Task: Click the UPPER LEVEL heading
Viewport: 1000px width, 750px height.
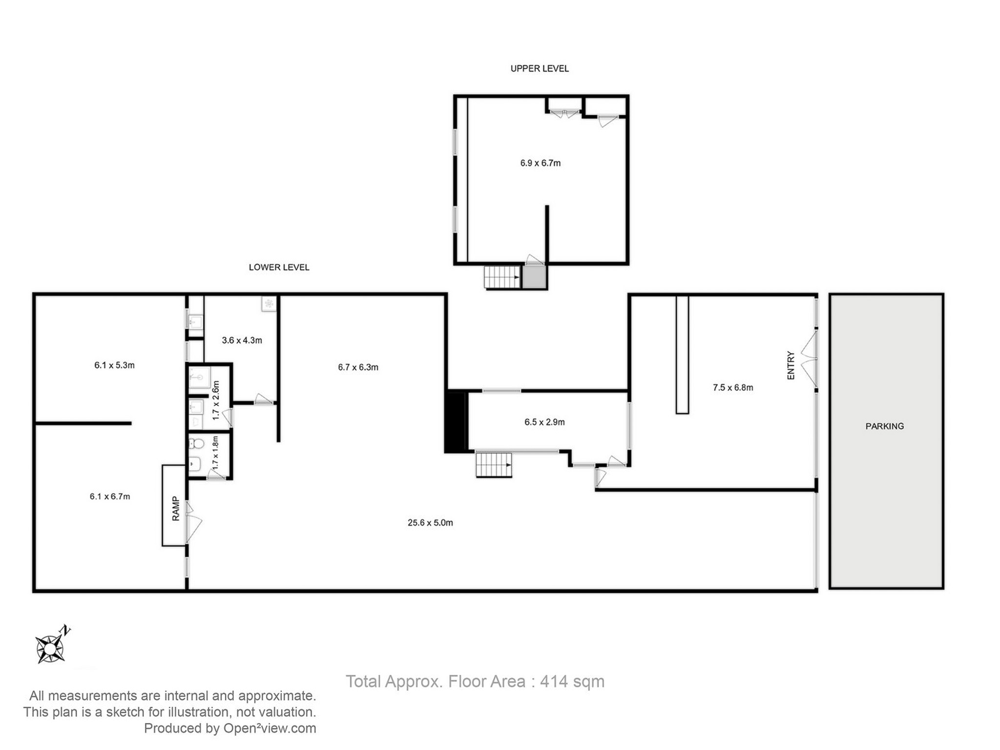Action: pos(539,69)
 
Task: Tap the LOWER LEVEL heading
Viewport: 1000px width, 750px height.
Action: pos(279,268)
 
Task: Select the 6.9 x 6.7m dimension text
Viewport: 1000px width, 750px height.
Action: pos(540,163)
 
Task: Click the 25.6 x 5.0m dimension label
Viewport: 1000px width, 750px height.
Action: pos(430,523)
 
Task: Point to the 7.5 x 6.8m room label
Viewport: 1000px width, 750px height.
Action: pos(732,388)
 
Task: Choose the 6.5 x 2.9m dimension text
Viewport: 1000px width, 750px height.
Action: pos(544,422)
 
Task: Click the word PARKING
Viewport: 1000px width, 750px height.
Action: pos(884,426)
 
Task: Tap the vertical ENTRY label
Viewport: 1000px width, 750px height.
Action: pos(791,365)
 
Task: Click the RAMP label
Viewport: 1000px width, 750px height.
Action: pos(176,508)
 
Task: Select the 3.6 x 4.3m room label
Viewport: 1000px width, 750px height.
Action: pos(242,340)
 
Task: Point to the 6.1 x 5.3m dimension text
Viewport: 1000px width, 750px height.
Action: pos(114,365)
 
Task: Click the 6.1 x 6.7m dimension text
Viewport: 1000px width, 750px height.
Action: pos(110,497)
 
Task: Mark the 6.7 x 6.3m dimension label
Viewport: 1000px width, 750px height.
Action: pos(358,367)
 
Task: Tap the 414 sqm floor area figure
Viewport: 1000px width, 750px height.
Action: pos(572,682)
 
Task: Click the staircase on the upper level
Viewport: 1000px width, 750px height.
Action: pos(502,277)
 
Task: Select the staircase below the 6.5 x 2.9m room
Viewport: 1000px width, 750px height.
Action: pos(494,465)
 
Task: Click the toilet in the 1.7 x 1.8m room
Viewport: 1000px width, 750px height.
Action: pos(197,444)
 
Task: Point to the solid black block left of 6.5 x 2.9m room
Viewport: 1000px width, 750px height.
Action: pos(455,423)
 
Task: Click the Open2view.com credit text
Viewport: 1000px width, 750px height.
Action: pos(270,729)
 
